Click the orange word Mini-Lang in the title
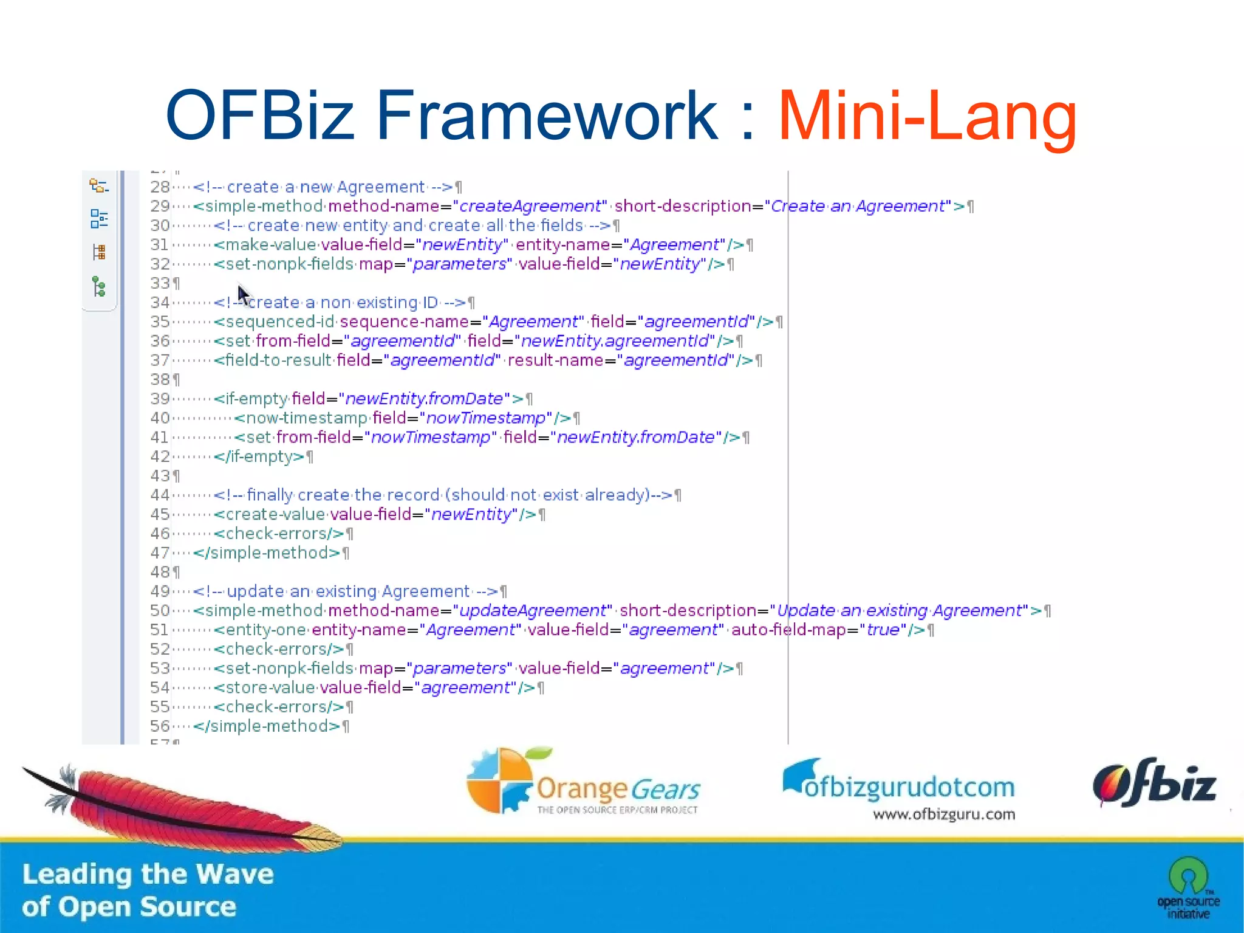(927, 115)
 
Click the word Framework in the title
(547, 115)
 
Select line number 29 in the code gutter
(160, 207)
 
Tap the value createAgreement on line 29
(530, 207)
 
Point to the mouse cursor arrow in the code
(242, 295)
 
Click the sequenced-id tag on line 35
(274, 322)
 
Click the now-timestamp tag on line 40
(301, 418)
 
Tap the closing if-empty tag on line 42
(259, 456)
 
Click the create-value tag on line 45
(270, 514)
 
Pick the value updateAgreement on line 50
(533, 611)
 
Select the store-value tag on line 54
(265, 688)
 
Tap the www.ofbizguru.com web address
(943, 814)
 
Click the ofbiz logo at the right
(1154, 783)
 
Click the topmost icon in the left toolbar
(98, 185)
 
